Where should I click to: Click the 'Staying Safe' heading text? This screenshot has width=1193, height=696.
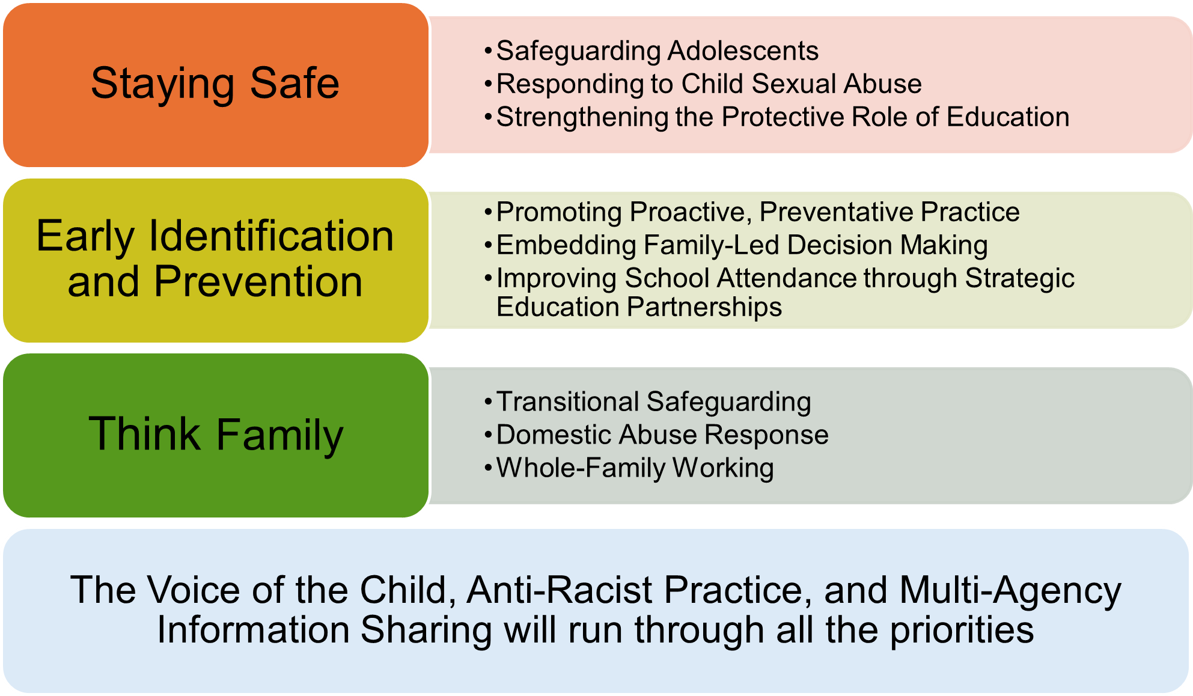(215, 84)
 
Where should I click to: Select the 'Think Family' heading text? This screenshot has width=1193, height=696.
(216, 435)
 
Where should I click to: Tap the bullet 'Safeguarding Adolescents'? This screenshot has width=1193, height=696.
(658, 51)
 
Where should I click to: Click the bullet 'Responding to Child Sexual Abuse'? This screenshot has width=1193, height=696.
(709, 84)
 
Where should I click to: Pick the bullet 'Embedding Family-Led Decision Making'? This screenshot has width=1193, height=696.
(742, 245)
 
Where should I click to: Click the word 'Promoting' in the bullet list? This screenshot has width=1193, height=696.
(560, 212)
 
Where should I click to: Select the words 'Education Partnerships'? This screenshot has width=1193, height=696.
(639, 307)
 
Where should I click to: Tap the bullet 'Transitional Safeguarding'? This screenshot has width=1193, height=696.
(654, 402)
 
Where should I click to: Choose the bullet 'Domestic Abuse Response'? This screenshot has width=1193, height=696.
(663, 435)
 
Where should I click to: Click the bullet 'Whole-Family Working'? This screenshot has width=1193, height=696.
(635, 468)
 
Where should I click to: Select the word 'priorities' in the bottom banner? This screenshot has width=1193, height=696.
(962, 630)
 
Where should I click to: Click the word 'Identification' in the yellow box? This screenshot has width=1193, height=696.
(272, 236)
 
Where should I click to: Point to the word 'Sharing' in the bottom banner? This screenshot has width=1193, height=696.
(427, 630)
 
